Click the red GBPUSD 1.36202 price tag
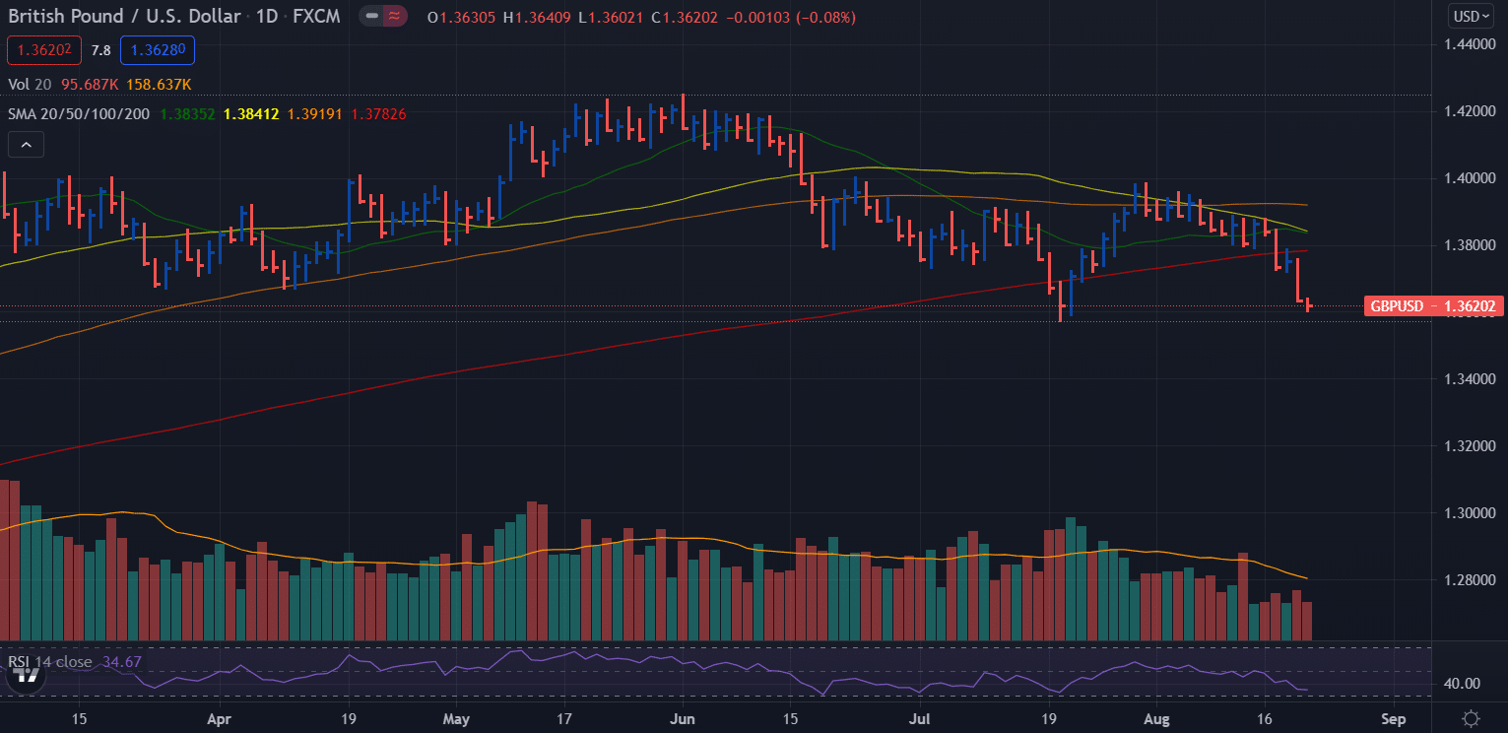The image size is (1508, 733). pyautogui.click(x=1433, y=306)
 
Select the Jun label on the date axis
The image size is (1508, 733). pyautogui.click(x=682, y=718)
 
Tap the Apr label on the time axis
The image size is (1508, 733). pyautogui.click(x=219, y=718)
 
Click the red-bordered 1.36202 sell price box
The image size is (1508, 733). pyautogui.click(x=43, y=50)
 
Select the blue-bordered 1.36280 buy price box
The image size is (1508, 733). pyautogui.click(x=158, y=50)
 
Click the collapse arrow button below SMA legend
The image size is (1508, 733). pyautogui.click(x=26, y=145)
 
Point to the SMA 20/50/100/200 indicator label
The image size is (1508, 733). pyautogui.click(x=79, y=114)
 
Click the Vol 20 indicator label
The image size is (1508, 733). pyautogui.click(x=32, y=85)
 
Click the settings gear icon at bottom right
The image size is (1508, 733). pyautogui.click(x=1471, y=718)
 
